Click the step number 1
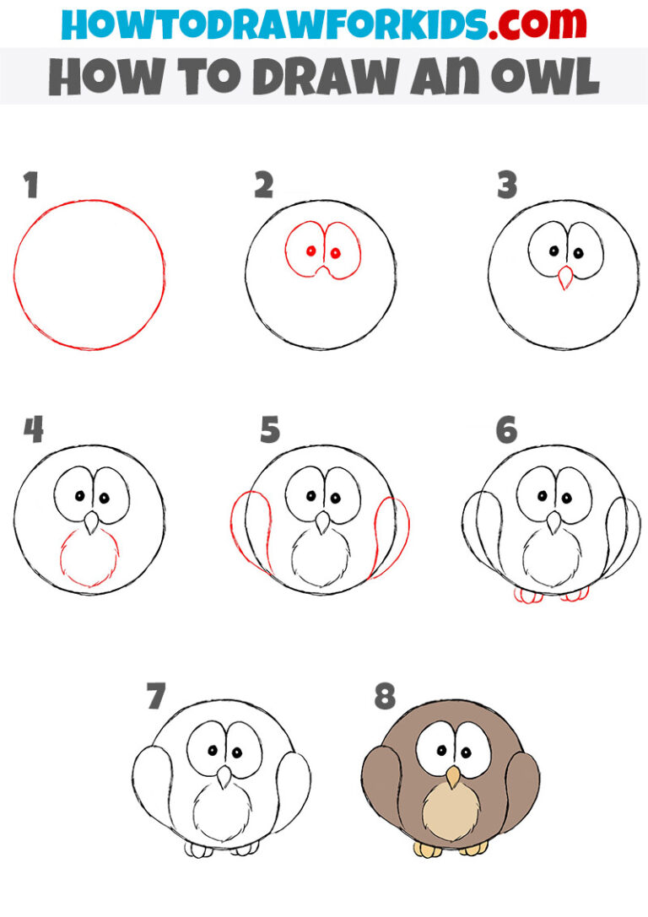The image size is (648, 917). coord(31,186)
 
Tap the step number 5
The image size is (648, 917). coord(269,430)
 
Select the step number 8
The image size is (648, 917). coord(385,697)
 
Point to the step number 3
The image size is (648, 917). coord(506,186)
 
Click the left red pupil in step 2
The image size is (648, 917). coord(311,251)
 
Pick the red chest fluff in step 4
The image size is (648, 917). coord(89,560)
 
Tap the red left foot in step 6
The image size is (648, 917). coord(528,596)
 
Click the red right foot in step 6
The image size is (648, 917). coord(575,595)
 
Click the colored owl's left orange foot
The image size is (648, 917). coord(428,849)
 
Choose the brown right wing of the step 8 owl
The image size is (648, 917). coord(521,793)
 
